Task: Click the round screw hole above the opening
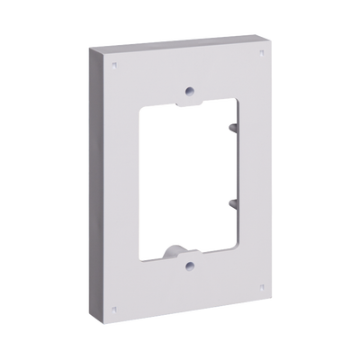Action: (x=187, y=91)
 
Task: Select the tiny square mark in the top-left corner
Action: (x=114, y=66)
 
